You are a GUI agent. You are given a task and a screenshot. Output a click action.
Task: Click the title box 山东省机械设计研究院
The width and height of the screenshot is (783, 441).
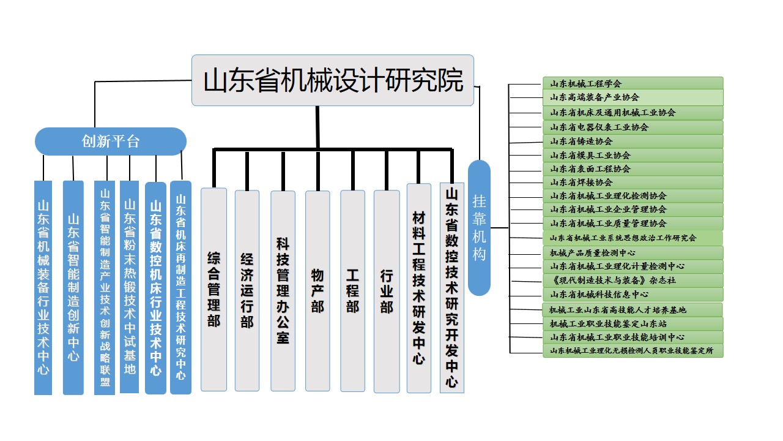pos(333,80)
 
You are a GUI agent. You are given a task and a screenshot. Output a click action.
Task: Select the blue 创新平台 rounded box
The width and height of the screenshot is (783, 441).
pos(110,141)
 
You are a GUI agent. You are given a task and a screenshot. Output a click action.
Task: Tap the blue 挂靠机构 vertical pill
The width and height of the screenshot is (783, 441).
pos(479,228)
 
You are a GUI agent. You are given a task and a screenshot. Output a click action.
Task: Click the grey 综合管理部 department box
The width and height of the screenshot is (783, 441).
pos(213,289)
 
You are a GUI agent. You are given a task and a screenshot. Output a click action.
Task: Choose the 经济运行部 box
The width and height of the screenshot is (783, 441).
pos(247,290)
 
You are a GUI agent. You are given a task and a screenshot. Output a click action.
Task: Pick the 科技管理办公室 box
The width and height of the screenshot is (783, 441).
pos(283,290)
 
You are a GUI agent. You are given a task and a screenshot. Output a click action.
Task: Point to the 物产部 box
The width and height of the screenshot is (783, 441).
pos(317,290)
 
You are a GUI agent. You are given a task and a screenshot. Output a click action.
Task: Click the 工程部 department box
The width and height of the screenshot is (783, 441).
pos(352,290)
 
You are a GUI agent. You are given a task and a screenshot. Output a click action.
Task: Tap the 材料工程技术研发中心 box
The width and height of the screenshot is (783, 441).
pos(419,288)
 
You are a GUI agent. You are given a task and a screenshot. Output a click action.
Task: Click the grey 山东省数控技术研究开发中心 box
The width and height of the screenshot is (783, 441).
pos(452,288)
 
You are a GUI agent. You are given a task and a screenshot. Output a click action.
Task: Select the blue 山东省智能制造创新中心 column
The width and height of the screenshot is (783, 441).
pos(73,287)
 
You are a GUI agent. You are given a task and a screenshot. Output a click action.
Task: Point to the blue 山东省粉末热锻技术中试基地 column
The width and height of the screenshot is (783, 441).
pos(130,287)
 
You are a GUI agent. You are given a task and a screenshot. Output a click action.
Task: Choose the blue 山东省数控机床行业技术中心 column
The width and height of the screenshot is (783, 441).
pos(155,287)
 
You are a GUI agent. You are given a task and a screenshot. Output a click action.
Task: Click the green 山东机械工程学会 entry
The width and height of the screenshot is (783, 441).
pos(633,83)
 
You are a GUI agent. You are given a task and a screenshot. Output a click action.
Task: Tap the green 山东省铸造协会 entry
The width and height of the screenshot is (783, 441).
pos(633,141)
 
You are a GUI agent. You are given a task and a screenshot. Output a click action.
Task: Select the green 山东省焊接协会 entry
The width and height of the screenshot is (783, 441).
pos(633,182)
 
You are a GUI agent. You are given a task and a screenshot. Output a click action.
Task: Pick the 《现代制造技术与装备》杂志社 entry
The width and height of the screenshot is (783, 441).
pos(633,280)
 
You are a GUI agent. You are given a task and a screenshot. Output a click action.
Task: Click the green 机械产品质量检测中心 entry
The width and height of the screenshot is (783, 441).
pos(633,252)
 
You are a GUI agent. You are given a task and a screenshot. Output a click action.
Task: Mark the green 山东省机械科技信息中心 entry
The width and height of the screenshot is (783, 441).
pos(633,294)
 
